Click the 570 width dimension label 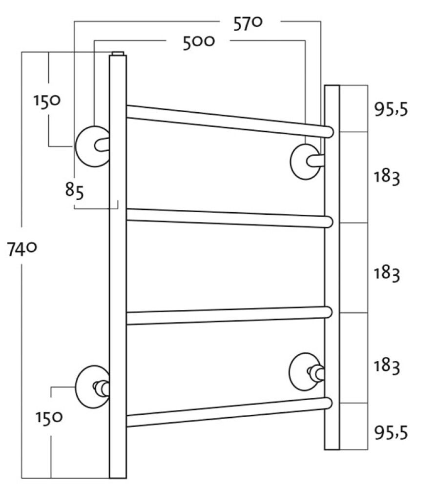point(248,23)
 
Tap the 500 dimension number point(199,42)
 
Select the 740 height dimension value point(22,249)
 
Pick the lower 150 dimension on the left point(49,418)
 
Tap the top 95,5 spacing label point(391,109)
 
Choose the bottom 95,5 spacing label point(391,432)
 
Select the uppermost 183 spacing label point(387,178)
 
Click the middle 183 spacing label point(387,274)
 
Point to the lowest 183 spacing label point(387,366)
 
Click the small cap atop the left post point(118,54)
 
